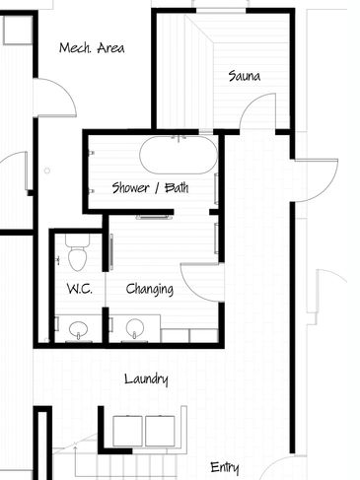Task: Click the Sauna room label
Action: point(245,76)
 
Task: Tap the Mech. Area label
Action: point(92,48)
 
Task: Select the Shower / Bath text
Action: point(150,188)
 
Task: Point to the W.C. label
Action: point(80,289)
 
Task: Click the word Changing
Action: point(150,290)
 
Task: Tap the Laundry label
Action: point(146,379)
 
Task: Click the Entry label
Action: point(225,467)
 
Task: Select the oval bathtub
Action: point(179,155)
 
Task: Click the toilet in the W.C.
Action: point(78,252)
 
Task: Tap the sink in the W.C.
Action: point(78,329)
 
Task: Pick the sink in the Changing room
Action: point(135,328)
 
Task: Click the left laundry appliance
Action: point(127,431)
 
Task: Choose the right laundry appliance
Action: point(160,431)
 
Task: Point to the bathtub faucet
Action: point(179,138)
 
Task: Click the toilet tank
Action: point(78,240)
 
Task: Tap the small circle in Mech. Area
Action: point(47,171)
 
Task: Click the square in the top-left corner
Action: point(18,30)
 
